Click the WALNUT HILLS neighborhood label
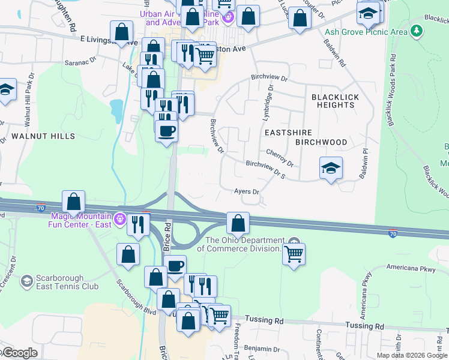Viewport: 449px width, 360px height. tap(44, 136)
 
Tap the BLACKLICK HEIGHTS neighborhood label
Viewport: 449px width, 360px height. tap(333, 100)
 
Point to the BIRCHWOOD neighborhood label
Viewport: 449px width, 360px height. tap(321, 142)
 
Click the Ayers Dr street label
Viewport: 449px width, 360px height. tap(246, 192)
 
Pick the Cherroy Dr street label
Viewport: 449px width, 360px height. tap(279, 158)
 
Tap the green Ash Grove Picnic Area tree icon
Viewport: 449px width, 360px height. tap(416, 32)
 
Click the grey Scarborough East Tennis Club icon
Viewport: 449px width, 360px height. tap(26, 281)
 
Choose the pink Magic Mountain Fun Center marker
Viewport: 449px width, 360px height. tap(120, 219)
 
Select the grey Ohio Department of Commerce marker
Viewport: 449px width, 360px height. tap(294, 242)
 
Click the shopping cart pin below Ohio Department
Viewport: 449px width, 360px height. tap(294, 254)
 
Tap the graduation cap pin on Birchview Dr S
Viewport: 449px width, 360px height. tap(331, 169)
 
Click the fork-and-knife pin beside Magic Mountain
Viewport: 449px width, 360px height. tap(139, 224)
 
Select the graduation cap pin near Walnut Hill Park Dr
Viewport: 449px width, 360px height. tap(6, 90)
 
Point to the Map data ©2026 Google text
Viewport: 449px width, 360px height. tap(411, 355)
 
